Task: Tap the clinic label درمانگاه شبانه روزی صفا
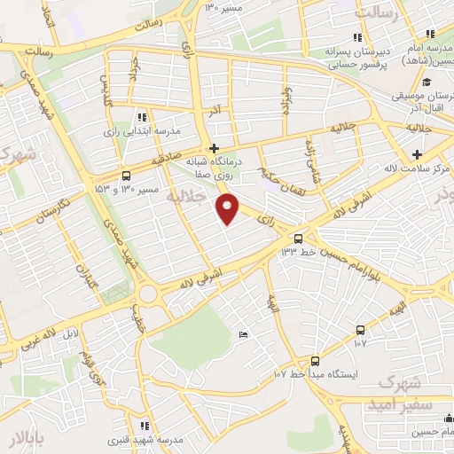(x=213, y=168)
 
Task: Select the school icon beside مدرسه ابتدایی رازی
(x=142, y=117)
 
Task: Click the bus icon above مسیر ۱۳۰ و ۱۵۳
(x=126, y=175)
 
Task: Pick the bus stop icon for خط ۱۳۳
(x=298, y=238)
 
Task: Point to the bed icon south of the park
(x=243, y=334)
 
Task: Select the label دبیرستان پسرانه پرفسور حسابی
(x=356, y=57)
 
